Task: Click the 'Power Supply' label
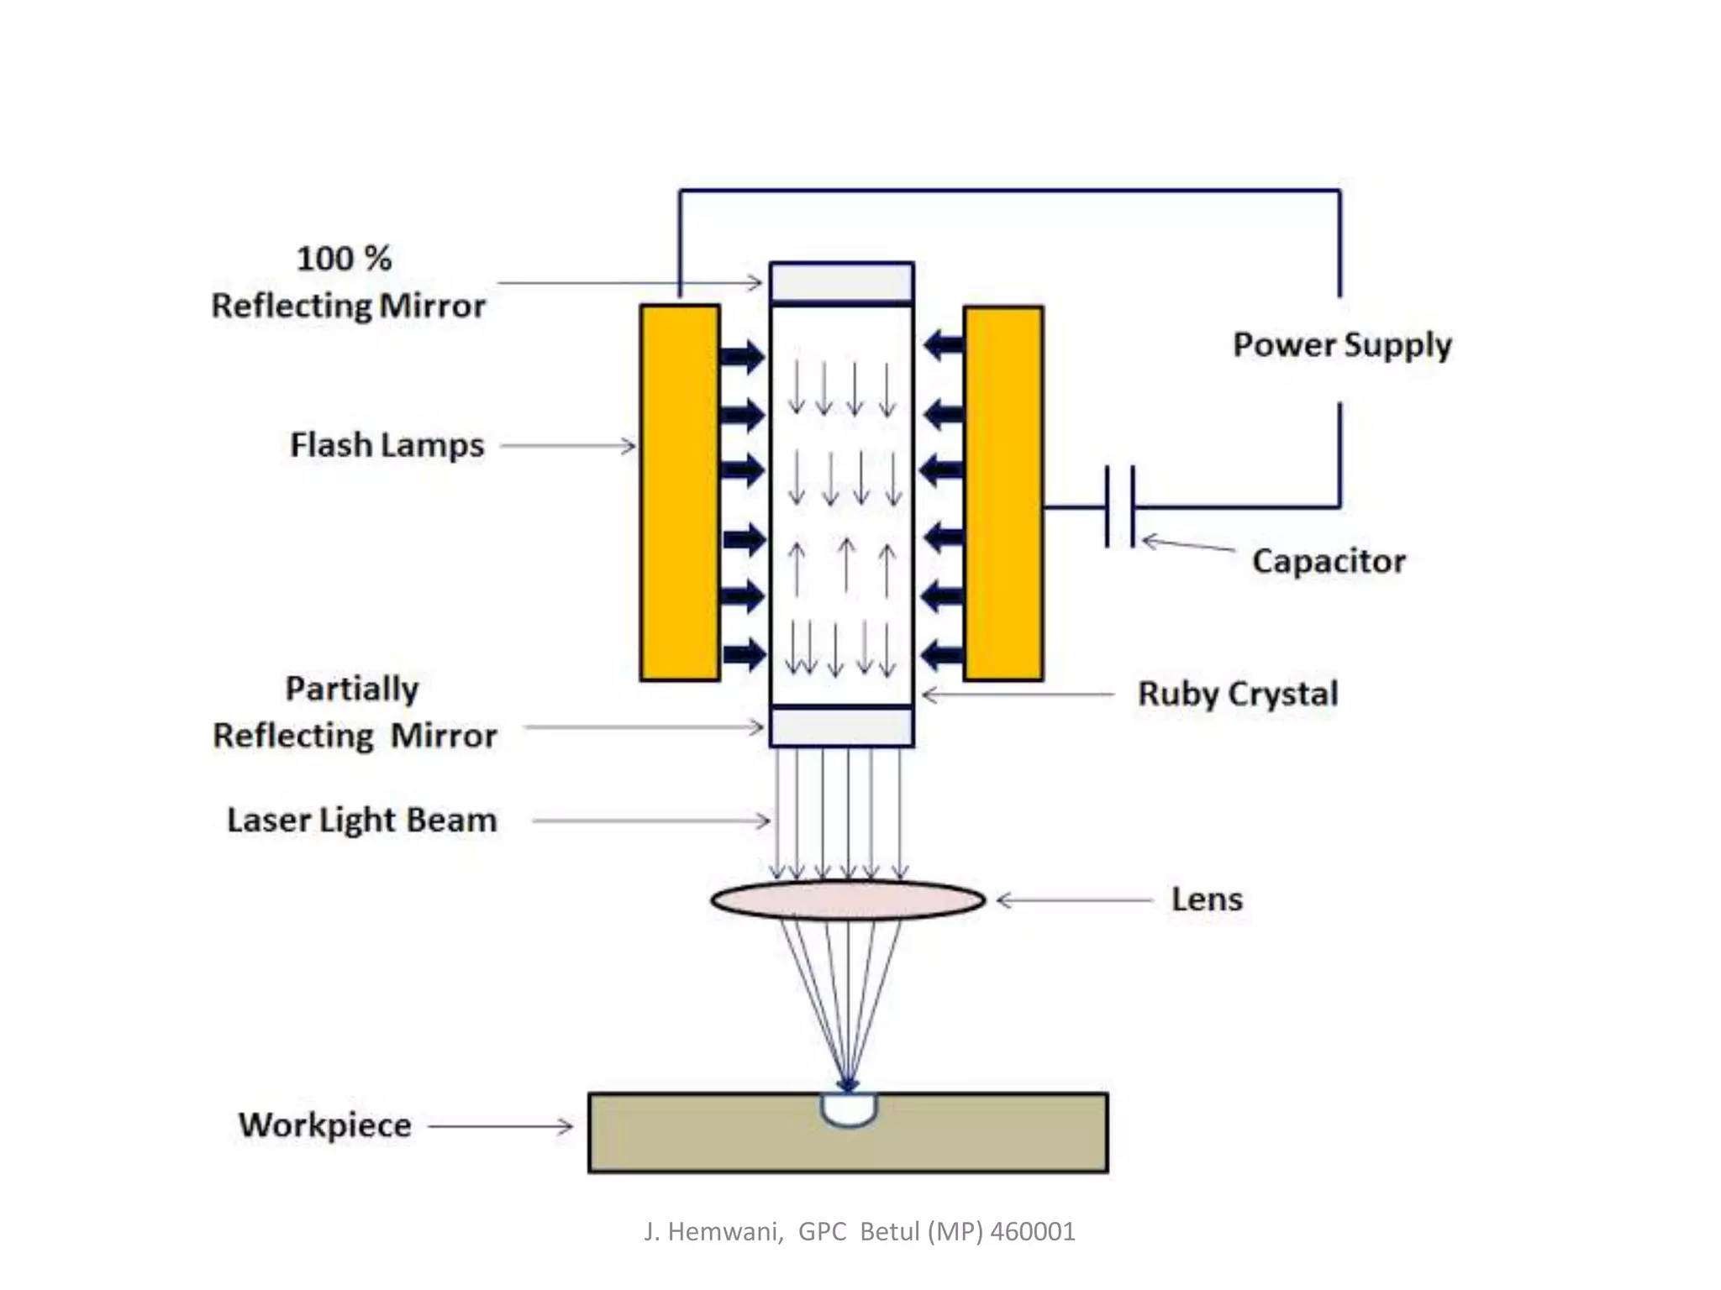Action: [x=1341, y=345]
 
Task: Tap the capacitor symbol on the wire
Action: [x=1120, y=506]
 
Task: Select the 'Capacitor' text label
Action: [x=1328, y=561]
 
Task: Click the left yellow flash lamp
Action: [x=679, y=492]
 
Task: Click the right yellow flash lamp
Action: [x=1003, y=492]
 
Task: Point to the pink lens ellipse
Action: [x=847, y=900]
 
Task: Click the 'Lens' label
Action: [x=1207, y=899]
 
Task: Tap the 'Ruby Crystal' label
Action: [x=1237, y=694]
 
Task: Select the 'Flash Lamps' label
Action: [x=387, y=445]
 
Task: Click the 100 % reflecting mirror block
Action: [x=841, y=282]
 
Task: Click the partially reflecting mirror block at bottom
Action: [x=841, y=727]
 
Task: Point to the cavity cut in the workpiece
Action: [x=849, y=1109]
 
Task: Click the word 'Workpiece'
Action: [x=325, y=1125]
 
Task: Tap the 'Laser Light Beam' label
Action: [x=361, y=821]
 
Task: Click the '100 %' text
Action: [x=344, y=258]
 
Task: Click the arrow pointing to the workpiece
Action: [x=501, y=1125]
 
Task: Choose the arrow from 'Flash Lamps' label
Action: [x=568, y=446]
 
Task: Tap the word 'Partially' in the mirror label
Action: [x=351, y=689]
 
